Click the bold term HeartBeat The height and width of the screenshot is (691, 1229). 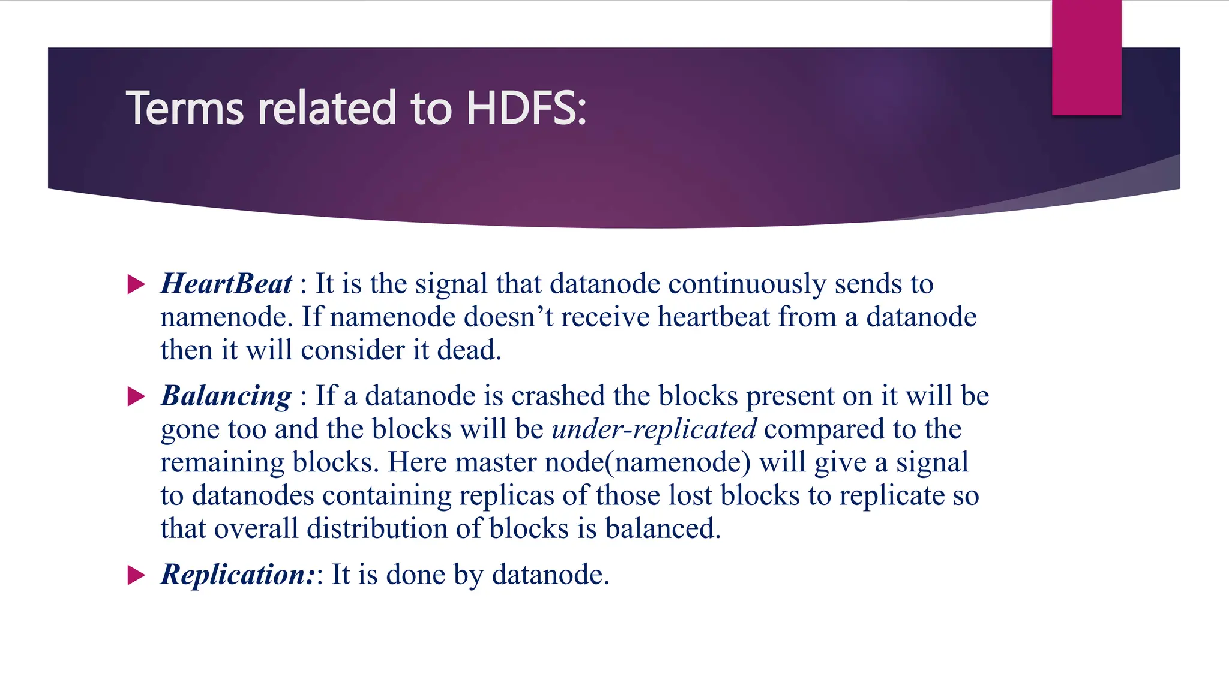[226, 284]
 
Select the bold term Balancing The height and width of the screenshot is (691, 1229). [226, 396]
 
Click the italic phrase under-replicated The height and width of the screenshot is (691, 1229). [654, 429]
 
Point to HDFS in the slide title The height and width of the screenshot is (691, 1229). [526, 109]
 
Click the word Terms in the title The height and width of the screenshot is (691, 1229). [185, 109]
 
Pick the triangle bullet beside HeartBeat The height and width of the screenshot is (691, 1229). [137, 284]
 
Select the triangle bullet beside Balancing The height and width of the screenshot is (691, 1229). [137, 396]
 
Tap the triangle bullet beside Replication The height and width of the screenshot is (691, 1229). [137, 575]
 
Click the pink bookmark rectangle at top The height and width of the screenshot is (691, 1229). [1086, 57]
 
